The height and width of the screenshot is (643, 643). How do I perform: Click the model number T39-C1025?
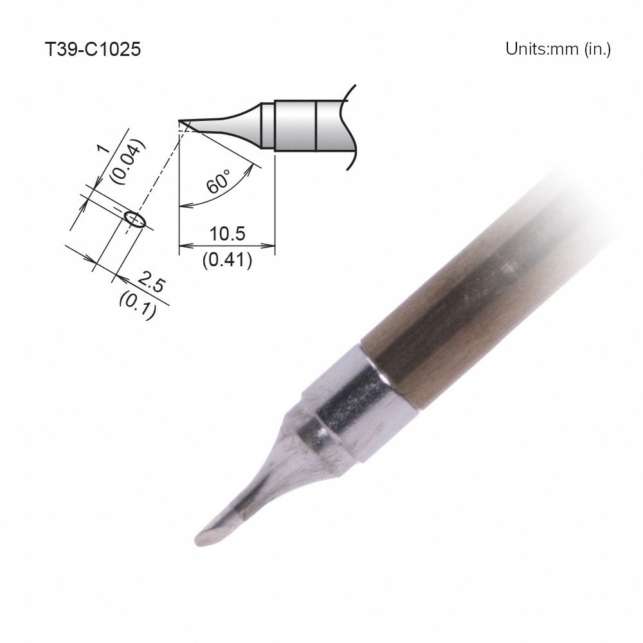coord(92,50)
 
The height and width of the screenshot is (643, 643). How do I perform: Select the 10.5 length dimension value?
coord(227,234)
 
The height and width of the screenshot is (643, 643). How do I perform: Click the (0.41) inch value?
coord(227,260)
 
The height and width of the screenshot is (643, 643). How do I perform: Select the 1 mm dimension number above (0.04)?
coord(102,150)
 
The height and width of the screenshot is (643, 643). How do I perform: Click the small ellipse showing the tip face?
coord(136,221)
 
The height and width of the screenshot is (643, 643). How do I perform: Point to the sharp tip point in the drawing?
coord(180,121)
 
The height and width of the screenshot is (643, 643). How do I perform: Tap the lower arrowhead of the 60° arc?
coord(183,206)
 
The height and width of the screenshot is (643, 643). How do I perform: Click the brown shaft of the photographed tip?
coord(463,309)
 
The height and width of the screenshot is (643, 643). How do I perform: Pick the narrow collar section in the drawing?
coord(267,125)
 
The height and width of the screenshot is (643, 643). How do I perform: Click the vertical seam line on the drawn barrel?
coord(316,125)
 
